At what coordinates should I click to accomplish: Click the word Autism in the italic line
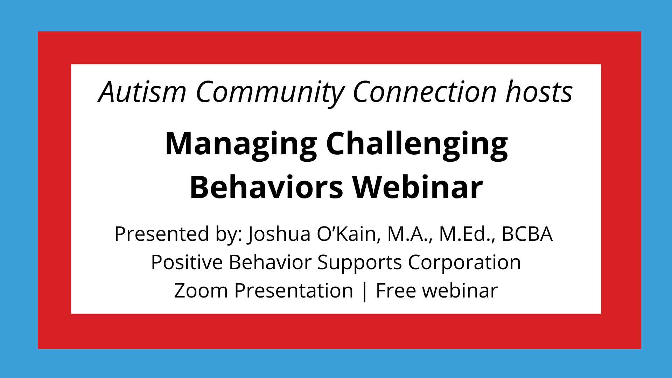tap(142, 92)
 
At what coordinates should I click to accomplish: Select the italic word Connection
tap(425, 92)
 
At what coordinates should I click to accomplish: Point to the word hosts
tap(539, 92)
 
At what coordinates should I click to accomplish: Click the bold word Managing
tap(241, 144)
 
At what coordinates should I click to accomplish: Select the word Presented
tap(162, 234)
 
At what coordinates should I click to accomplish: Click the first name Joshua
tap(279, 234)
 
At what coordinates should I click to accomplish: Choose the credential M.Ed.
tap(467, 234)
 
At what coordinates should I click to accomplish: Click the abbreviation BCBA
tap(527, 234)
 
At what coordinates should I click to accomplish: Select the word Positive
tap(187, 262)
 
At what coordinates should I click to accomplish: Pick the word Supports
tap(359, 263)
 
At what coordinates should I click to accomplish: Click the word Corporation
tap(464, 262)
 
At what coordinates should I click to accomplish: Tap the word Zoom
tap(201, 290)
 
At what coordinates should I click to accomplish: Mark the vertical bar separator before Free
tap(364, 291)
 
